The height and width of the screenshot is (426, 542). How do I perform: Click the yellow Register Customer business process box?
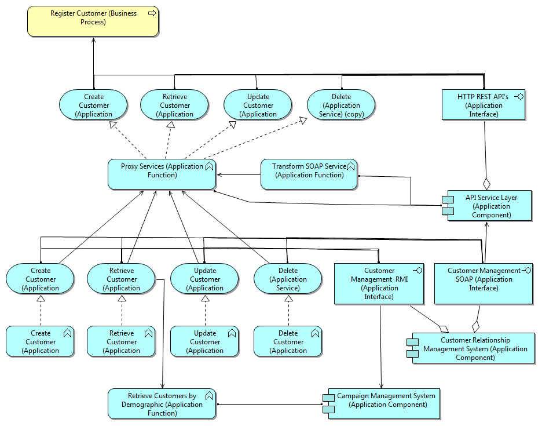pyautogui.click(x=93, y=21)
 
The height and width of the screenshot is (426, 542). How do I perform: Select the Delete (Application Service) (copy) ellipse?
pyautogui.click(x=342, y=105)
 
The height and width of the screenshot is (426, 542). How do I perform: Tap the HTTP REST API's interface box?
pyautogui.click(x=483, y=105)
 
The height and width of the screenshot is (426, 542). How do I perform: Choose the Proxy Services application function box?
pyautogui.click(x=162, y=174)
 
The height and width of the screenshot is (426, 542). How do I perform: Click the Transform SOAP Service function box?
pyautogui.click(x=309, y=174)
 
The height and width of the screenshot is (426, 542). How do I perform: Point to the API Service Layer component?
pyautogui.click(x=489, y=206)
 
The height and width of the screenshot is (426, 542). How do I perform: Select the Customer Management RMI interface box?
pyautogui.click(x=379, y=283)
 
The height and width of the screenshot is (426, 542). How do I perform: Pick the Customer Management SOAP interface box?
pyautogui.click(x=483, y=283)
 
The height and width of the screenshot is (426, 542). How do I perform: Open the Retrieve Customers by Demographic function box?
pyautogui.click(x=162, y=404)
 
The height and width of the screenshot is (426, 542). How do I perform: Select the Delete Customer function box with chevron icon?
pyautogui.click(x=288, y=341)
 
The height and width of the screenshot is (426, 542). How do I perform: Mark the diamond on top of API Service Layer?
pyautogui.click(x=487, y=183)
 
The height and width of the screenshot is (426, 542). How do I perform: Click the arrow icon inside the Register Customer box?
pyautogui.click(x=152, y=13)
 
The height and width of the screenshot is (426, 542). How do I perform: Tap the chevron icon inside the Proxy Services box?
pyautogui.click(x=209, y=166)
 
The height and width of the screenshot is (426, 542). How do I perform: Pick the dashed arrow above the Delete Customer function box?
pyautogui.click(x=288, y=311)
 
